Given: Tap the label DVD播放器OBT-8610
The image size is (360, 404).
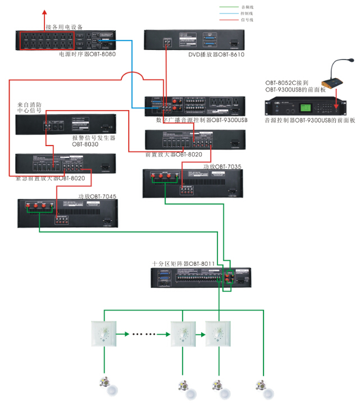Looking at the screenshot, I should pos(217,55).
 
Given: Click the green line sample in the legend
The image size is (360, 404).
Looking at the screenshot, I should pos(229,7).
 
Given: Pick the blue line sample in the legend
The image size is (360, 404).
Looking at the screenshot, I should pos(229,13).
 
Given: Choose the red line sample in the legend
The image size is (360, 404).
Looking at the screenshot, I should pos(229,20).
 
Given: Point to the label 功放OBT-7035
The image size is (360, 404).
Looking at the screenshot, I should pos(222,167).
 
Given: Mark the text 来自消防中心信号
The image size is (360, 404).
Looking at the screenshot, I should pos(29,107).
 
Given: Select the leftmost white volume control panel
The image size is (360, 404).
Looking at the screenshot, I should pos(103,334).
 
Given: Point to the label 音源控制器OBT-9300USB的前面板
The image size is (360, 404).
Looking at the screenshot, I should pos(310,120).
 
